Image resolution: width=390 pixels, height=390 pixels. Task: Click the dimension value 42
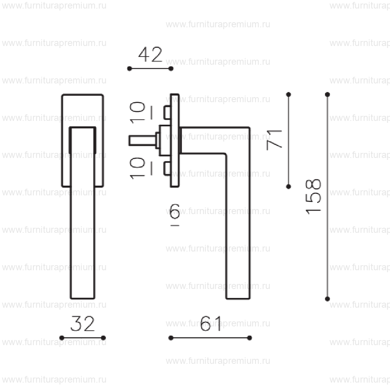150,55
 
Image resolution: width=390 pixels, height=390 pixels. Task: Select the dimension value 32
82,324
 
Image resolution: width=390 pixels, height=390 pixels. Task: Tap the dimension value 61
211,324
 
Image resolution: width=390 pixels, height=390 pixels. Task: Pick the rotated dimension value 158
314,196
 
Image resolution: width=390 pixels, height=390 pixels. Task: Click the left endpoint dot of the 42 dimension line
129,69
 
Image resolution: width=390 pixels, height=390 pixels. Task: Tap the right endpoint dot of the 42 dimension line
171,69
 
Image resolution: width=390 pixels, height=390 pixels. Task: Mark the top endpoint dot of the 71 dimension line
289,94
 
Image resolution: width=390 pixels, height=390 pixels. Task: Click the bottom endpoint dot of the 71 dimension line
289,187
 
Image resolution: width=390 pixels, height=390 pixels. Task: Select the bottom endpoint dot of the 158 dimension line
327,299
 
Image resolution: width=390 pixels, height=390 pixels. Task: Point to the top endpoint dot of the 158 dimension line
327,94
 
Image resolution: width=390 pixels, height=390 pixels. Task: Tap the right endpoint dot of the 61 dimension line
250,338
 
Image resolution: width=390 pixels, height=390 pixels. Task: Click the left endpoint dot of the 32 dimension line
62,338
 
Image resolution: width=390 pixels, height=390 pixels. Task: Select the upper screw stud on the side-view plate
167,113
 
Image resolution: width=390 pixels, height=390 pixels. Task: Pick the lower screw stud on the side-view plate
167,168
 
